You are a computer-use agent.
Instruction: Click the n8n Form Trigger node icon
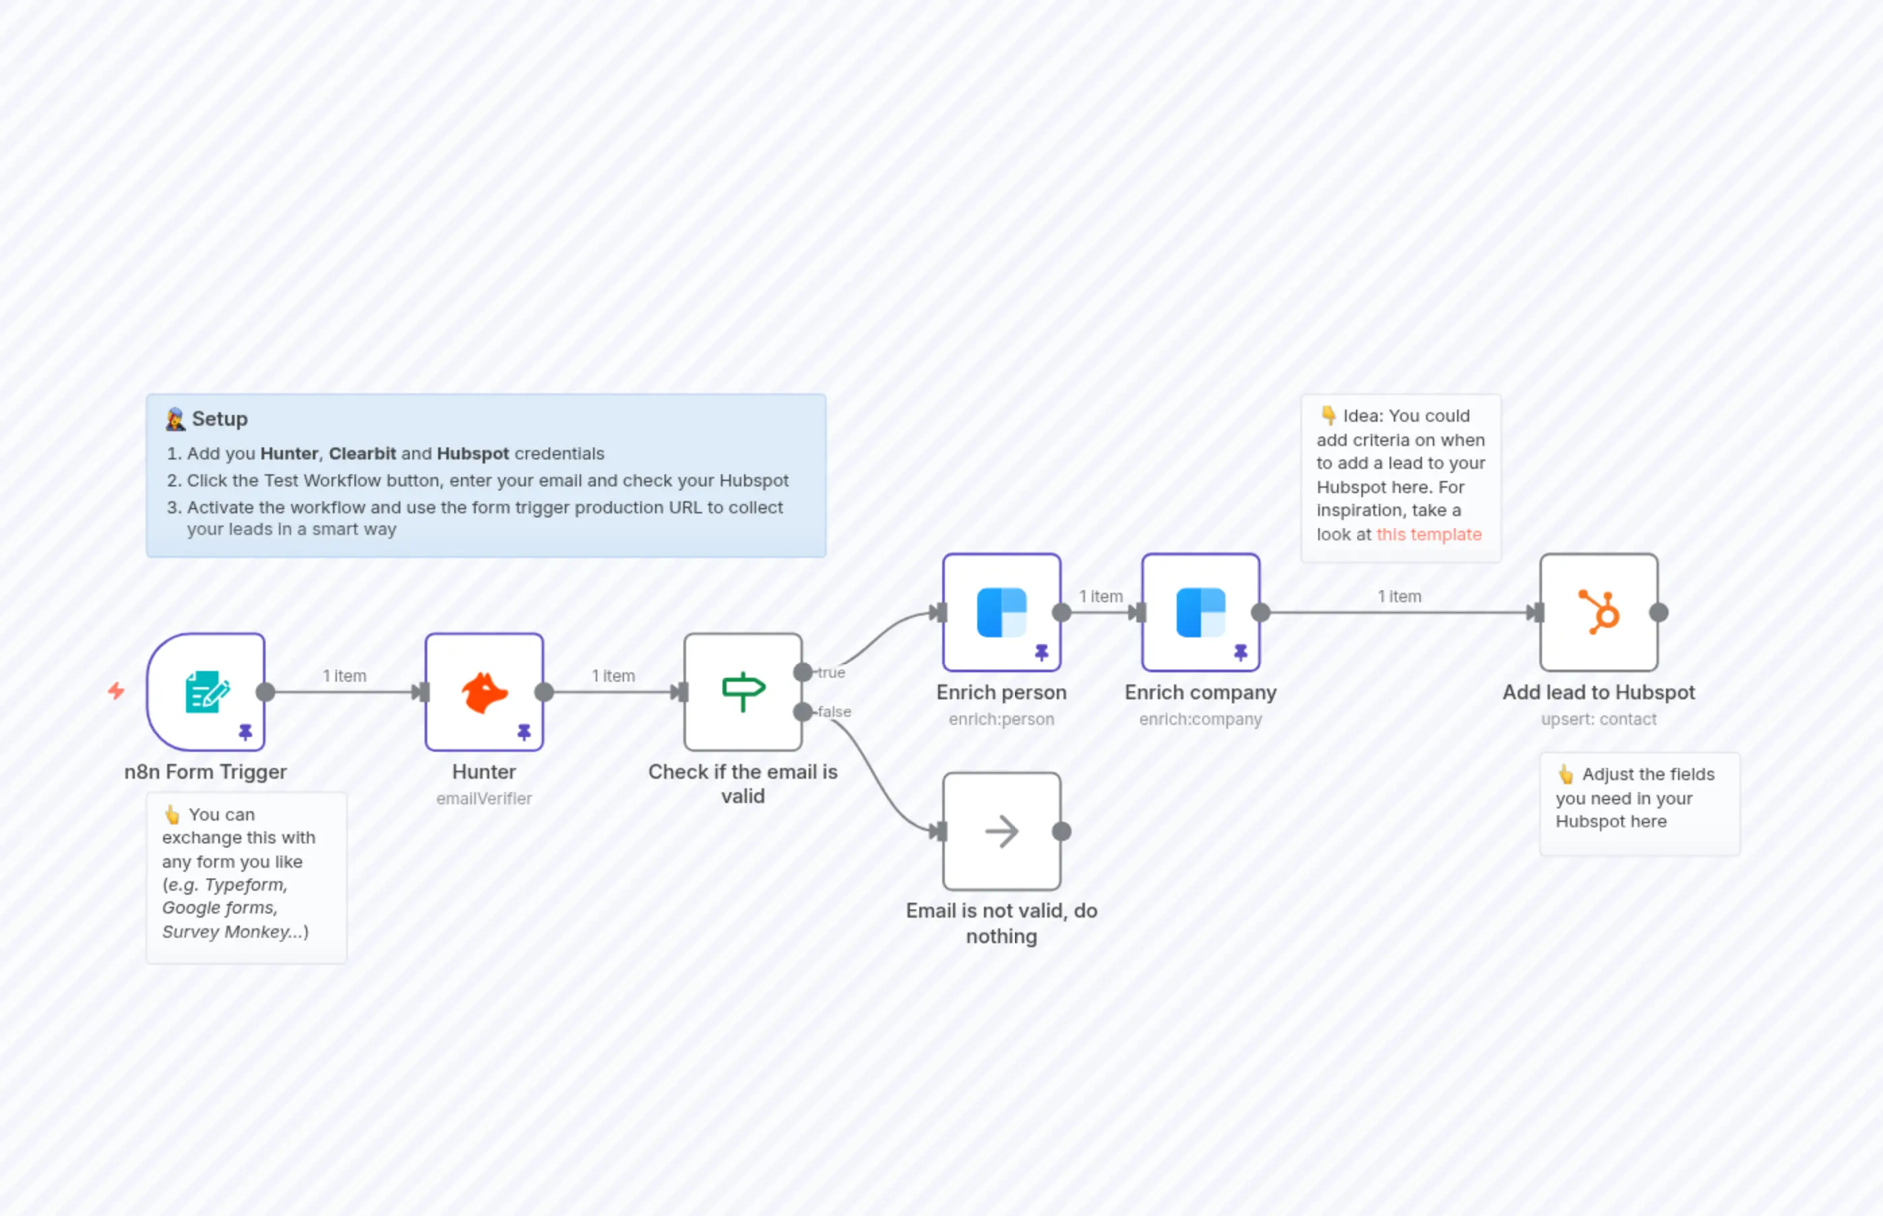coord(207,692)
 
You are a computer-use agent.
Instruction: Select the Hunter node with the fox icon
coord(484,692)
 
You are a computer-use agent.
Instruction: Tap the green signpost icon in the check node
coord(743,692)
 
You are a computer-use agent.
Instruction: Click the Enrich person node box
coord(1001,612)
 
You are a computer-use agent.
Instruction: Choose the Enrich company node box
coord(1200,612)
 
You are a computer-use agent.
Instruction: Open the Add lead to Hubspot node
coord(1599,612)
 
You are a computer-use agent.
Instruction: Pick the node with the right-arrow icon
coord(1001,831)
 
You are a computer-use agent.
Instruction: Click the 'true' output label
coord(831,673)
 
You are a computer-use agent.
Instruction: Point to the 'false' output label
coord(834,711)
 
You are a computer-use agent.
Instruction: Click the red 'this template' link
coord(1429,534)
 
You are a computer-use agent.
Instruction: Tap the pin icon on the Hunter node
coord(524,732)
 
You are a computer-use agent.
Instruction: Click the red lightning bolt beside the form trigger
coord(116,691)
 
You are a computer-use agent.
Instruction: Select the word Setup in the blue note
coord(220,418)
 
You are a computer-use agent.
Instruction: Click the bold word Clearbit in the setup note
coord(363,453)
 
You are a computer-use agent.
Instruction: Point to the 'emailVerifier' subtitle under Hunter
coord(484,798)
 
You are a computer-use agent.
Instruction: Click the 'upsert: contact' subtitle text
coord(1599,719)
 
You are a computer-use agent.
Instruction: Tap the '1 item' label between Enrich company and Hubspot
coord(1400,596)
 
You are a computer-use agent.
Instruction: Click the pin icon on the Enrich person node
coord(1042,652)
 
